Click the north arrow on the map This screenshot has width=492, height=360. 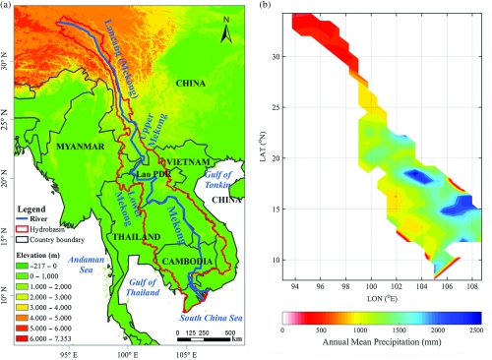pos(225,33)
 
